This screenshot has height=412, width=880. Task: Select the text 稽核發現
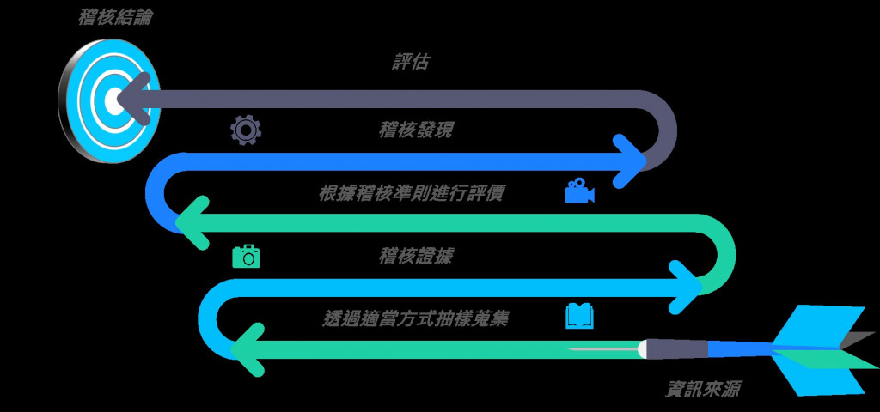(x=416, y=130)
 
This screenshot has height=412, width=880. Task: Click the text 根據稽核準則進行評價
(x=411, y=193)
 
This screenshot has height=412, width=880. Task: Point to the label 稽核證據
(x=416, y=256)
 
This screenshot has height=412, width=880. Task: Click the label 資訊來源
(x=703, y=388)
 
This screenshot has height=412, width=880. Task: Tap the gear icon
(x=245, y=130)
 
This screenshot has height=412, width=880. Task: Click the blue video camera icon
(x=579, y=191)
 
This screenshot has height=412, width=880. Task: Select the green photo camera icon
(x=246, y=256)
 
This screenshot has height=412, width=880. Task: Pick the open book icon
(x=579, y=318)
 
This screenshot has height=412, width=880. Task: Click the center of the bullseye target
(x=112, y=100)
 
